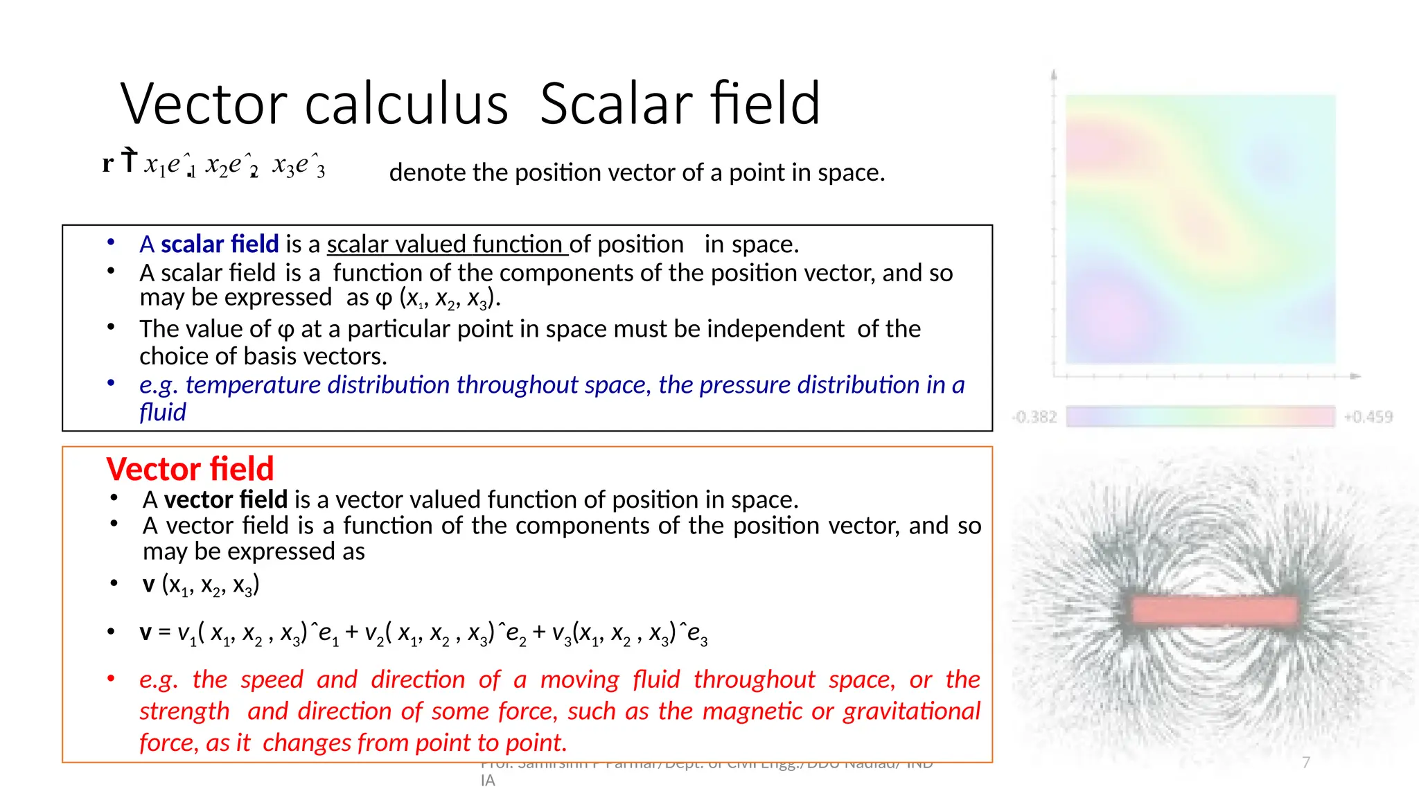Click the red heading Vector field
(x=190, y=469)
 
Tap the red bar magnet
(x=1215, y=610)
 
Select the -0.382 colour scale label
(x=1034, y=417)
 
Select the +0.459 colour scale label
(x=1368, y=417)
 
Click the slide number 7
(x=1306, y=763)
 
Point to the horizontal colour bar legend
(x=1200, y=417)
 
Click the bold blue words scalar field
(x=220, y=245)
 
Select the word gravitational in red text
(x=911, y=711)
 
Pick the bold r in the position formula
(x=107, y=163)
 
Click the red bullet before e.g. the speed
(x=111, y=678)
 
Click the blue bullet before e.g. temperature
(x=111, y=382)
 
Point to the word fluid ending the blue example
(x=162, y=413)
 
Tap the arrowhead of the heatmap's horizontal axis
(x=1356, y=376)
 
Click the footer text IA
(x=488, y=781)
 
